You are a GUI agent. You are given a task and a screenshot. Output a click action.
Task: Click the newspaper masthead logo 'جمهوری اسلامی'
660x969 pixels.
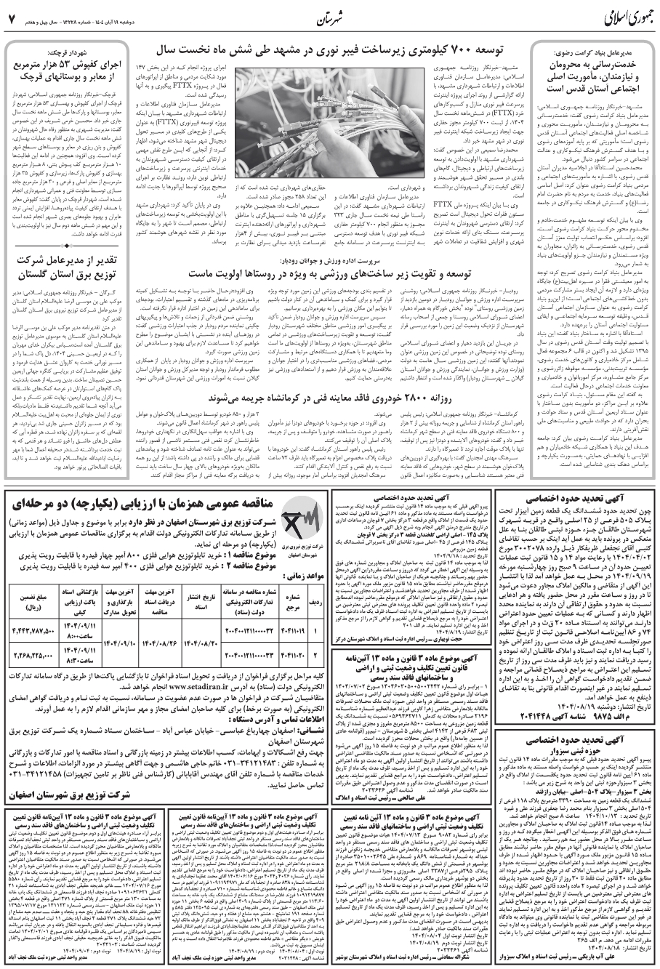coord(593,16)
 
